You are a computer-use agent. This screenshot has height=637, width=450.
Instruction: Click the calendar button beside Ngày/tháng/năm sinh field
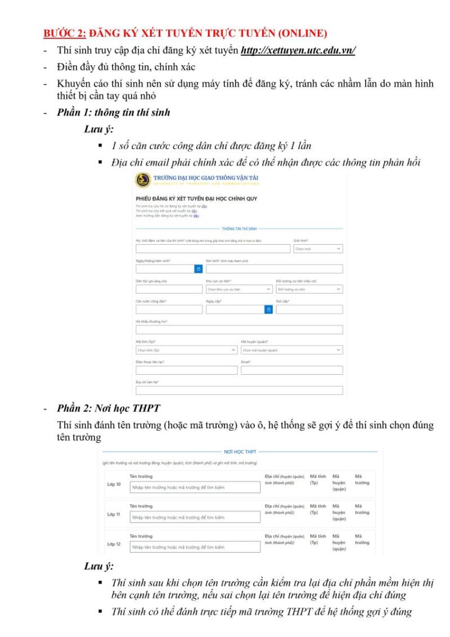click(x=198, y=269)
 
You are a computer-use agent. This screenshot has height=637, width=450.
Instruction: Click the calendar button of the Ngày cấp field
click(x=269, y=309)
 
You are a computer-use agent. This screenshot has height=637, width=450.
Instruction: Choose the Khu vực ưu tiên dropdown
click(x=239, y=289)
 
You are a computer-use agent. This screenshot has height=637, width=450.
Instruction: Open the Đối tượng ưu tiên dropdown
click(x=309, y=289)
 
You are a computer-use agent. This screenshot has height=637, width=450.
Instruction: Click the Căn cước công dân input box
click(x=169, y=309)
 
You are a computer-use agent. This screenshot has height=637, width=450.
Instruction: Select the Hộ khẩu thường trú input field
click(x=239, y=330)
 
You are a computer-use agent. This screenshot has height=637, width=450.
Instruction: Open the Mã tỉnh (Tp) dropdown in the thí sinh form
click(x=186, y=350)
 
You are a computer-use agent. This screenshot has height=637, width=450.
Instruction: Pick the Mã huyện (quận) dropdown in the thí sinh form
click(x=291, y=350)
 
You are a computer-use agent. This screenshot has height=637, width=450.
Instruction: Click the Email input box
click(x=291, y=370)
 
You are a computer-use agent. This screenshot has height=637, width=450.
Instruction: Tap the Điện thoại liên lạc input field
click(x=186, y=370)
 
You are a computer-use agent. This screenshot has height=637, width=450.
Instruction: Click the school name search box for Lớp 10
click(x=195, y=487)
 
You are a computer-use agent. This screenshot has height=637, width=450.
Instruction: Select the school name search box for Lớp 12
click(x=195, y=546)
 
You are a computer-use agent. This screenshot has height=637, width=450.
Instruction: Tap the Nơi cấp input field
click(x=309, y=309)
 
